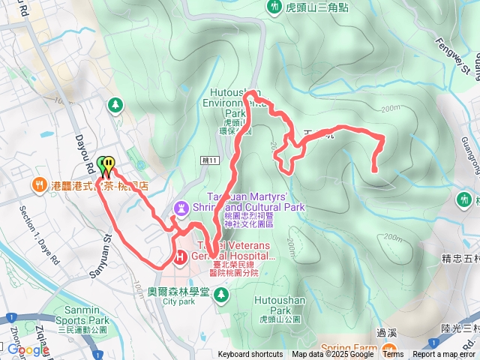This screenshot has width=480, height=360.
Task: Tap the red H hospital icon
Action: coord(181,257)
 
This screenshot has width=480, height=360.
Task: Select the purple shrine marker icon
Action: coord(181,206)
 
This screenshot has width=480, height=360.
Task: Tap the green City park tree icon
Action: coord(220,292)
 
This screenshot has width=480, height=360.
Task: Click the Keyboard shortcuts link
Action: coord(250,355)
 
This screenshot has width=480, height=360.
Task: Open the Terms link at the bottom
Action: coord(393,355)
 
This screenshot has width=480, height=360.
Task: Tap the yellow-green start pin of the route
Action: coord(106,165)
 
